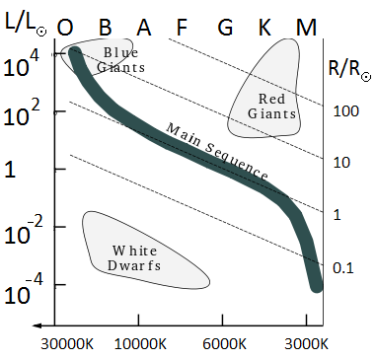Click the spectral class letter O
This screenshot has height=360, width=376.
(x=65, y=28)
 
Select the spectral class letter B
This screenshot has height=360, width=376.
(x=105, y=27)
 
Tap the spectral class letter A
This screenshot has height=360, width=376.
(x=144, y=27)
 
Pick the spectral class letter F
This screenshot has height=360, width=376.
(x=182, y=27)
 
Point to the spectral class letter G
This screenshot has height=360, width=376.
(x=225, y=27)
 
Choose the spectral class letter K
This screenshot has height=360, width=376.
(x=265, y=27)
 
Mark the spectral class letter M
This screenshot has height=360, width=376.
(x=306, y=27)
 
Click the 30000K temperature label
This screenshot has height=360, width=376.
(x=67, y=344)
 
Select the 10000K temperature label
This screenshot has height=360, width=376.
(x=140, y=344)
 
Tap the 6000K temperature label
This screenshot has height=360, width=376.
(x=224, y=344)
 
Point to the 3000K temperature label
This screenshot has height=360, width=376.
(x=307, y=344)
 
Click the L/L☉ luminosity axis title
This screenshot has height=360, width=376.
(x=26, y=23)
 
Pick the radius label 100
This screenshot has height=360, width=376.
(x=345, y=111)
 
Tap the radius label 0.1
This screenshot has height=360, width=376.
(x=343, y=268)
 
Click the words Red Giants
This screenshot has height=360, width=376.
(x=271, y=107)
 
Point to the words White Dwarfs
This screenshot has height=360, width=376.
(x=134, y=258)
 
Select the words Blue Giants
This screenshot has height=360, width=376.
(x=120, y=60)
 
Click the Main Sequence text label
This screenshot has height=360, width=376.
(x=217, y=152)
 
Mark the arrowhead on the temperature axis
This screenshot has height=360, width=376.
(x=37, y=325)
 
